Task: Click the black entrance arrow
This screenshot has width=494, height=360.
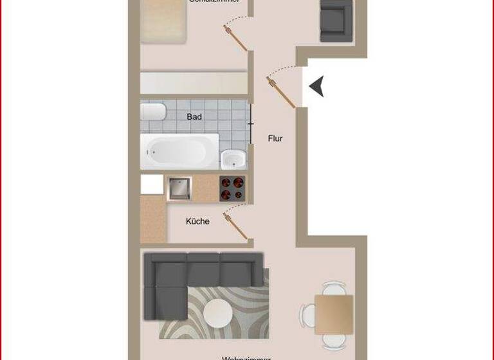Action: (316, 86)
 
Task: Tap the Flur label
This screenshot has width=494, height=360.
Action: (275, 138)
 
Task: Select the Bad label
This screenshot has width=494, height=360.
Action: (194, 116)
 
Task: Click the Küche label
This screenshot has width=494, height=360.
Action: (197, 221)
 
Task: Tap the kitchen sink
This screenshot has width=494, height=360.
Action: (179, 188)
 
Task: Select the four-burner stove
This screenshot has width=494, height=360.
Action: (232, 188)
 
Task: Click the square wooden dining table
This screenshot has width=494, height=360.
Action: (334, 314)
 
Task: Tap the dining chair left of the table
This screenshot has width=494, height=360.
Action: (306, 315)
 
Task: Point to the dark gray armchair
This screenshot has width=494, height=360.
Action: (336, 21)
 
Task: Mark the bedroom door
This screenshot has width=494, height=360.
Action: (235, 37)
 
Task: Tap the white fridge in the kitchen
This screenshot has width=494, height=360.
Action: (152, 184)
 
